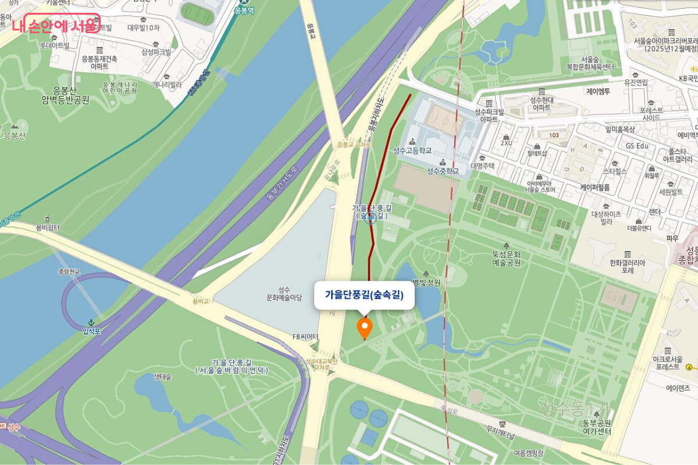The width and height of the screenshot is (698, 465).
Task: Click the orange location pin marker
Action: click(365, 327)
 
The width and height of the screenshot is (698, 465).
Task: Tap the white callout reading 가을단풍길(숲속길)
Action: click(364, 295)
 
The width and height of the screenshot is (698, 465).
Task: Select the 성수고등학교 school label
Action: click(412, 150)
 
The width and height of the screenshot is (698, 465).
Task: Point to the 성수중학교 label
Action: click(443, 170)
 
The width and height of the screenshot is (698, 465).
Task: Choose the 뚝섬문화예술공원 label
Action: click(506, 258)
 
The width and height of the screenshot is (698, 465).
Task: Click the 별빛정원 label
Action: click(426, 282)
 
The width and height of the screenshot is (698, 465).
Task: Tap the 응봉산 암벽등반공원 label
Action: click(65, 95)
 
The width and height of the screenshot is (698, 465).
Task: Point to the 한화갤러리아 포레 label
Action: click(627, 266)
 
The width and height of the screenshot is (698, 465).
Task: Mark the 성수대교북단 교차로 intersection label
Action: click(321, 363)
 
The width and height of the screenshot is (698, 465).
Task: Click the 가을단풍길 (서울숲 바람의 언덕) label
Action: click(232, 366)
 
